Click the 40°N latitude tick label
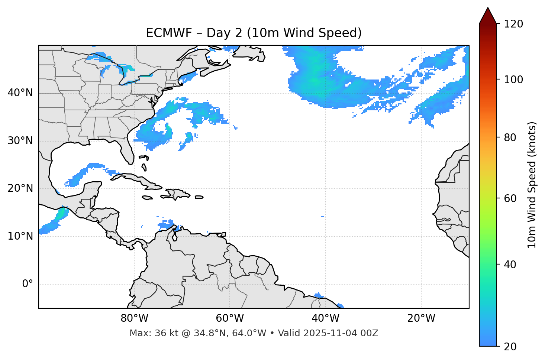click(20, 93)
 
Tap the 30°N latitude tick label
click(20, 141)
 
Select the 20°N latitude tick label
click(20, 188)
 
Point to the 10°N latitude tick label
click(20, 236)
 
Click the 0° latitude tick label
click(28, 284)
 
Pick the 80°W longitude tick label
click(134, 318)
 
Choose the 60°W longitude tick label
click(230, 318)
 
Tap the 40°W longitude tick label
click(325, 318)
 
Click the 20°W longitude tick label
click(421, 318)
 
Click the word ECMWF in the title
click(164, 33)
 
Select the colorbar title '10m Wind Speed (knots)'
click(532, 185)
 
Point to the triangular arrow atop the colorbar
click(488, 16)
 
